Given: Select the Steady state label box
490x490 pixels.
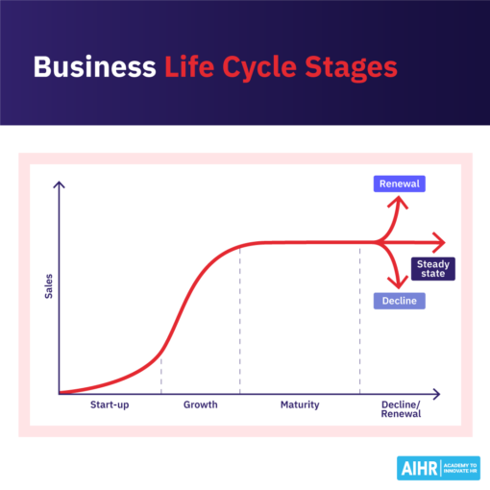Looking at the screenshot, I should click(x=431, y=268).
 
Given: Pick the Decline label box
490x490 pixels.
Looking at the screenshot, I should click(x=398, y=301).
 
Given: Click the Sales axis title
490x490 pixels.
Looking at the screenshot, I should click(x=48, y=285).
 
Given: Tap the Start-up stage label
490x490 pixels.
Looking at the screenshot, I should click(x=110, y=405).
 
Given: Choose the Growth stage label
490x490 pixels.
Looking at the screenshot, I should click(x=200, y=405).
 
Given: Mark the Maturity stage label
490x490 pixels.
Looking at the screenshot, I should click(x=300, y=405).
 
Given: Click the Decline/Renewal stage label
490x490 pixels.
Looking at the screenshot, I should click(x=403, y=410).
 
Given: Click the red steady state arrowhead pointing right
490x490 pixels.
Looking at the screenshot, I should click(x=439, y=242).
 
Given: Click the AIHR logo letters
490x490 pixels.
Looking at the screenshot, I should click(x=416, y=467).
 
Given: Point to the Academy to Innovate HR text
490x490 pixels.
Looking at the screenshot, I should click(x=457, y=467).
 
